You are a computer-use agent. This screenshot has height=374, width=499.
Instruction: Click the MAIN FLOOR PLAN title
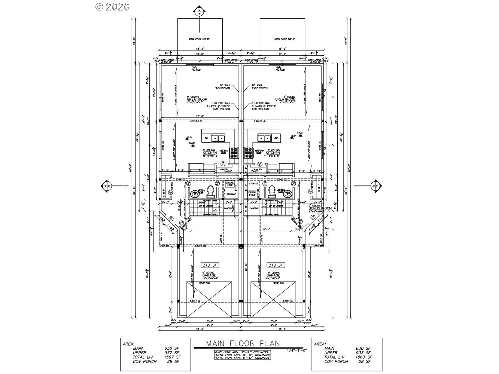243,343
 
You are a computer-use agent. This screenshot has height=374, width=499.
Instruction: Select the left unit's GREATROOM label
197,99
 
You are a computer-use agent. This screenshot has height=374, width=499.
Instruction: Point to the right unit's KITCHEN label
273,153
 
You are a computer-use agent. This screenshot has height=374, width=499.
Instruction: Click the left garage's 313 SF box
209,265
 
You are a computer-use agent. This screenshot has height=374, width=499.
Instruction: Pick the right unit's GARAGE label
273,275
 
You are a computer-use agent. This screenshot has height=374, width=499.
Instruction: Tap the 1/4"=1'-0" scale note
296,350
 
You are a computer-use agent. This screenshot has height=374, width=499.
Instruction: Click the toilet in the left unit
210,191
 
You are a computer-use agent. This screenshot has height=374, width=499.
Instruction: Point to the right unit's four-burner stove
249,151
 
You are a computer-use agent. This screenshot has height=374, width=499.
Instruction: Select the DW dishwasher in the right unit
276,138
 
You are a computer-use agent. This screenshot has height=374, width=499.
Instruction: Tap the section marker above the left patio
199,11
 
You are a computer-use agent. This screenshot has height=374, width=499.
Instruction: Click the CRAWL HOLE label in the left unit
229,184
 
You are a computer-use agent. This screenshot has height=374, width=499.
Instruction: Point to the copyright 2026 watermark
112,6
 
